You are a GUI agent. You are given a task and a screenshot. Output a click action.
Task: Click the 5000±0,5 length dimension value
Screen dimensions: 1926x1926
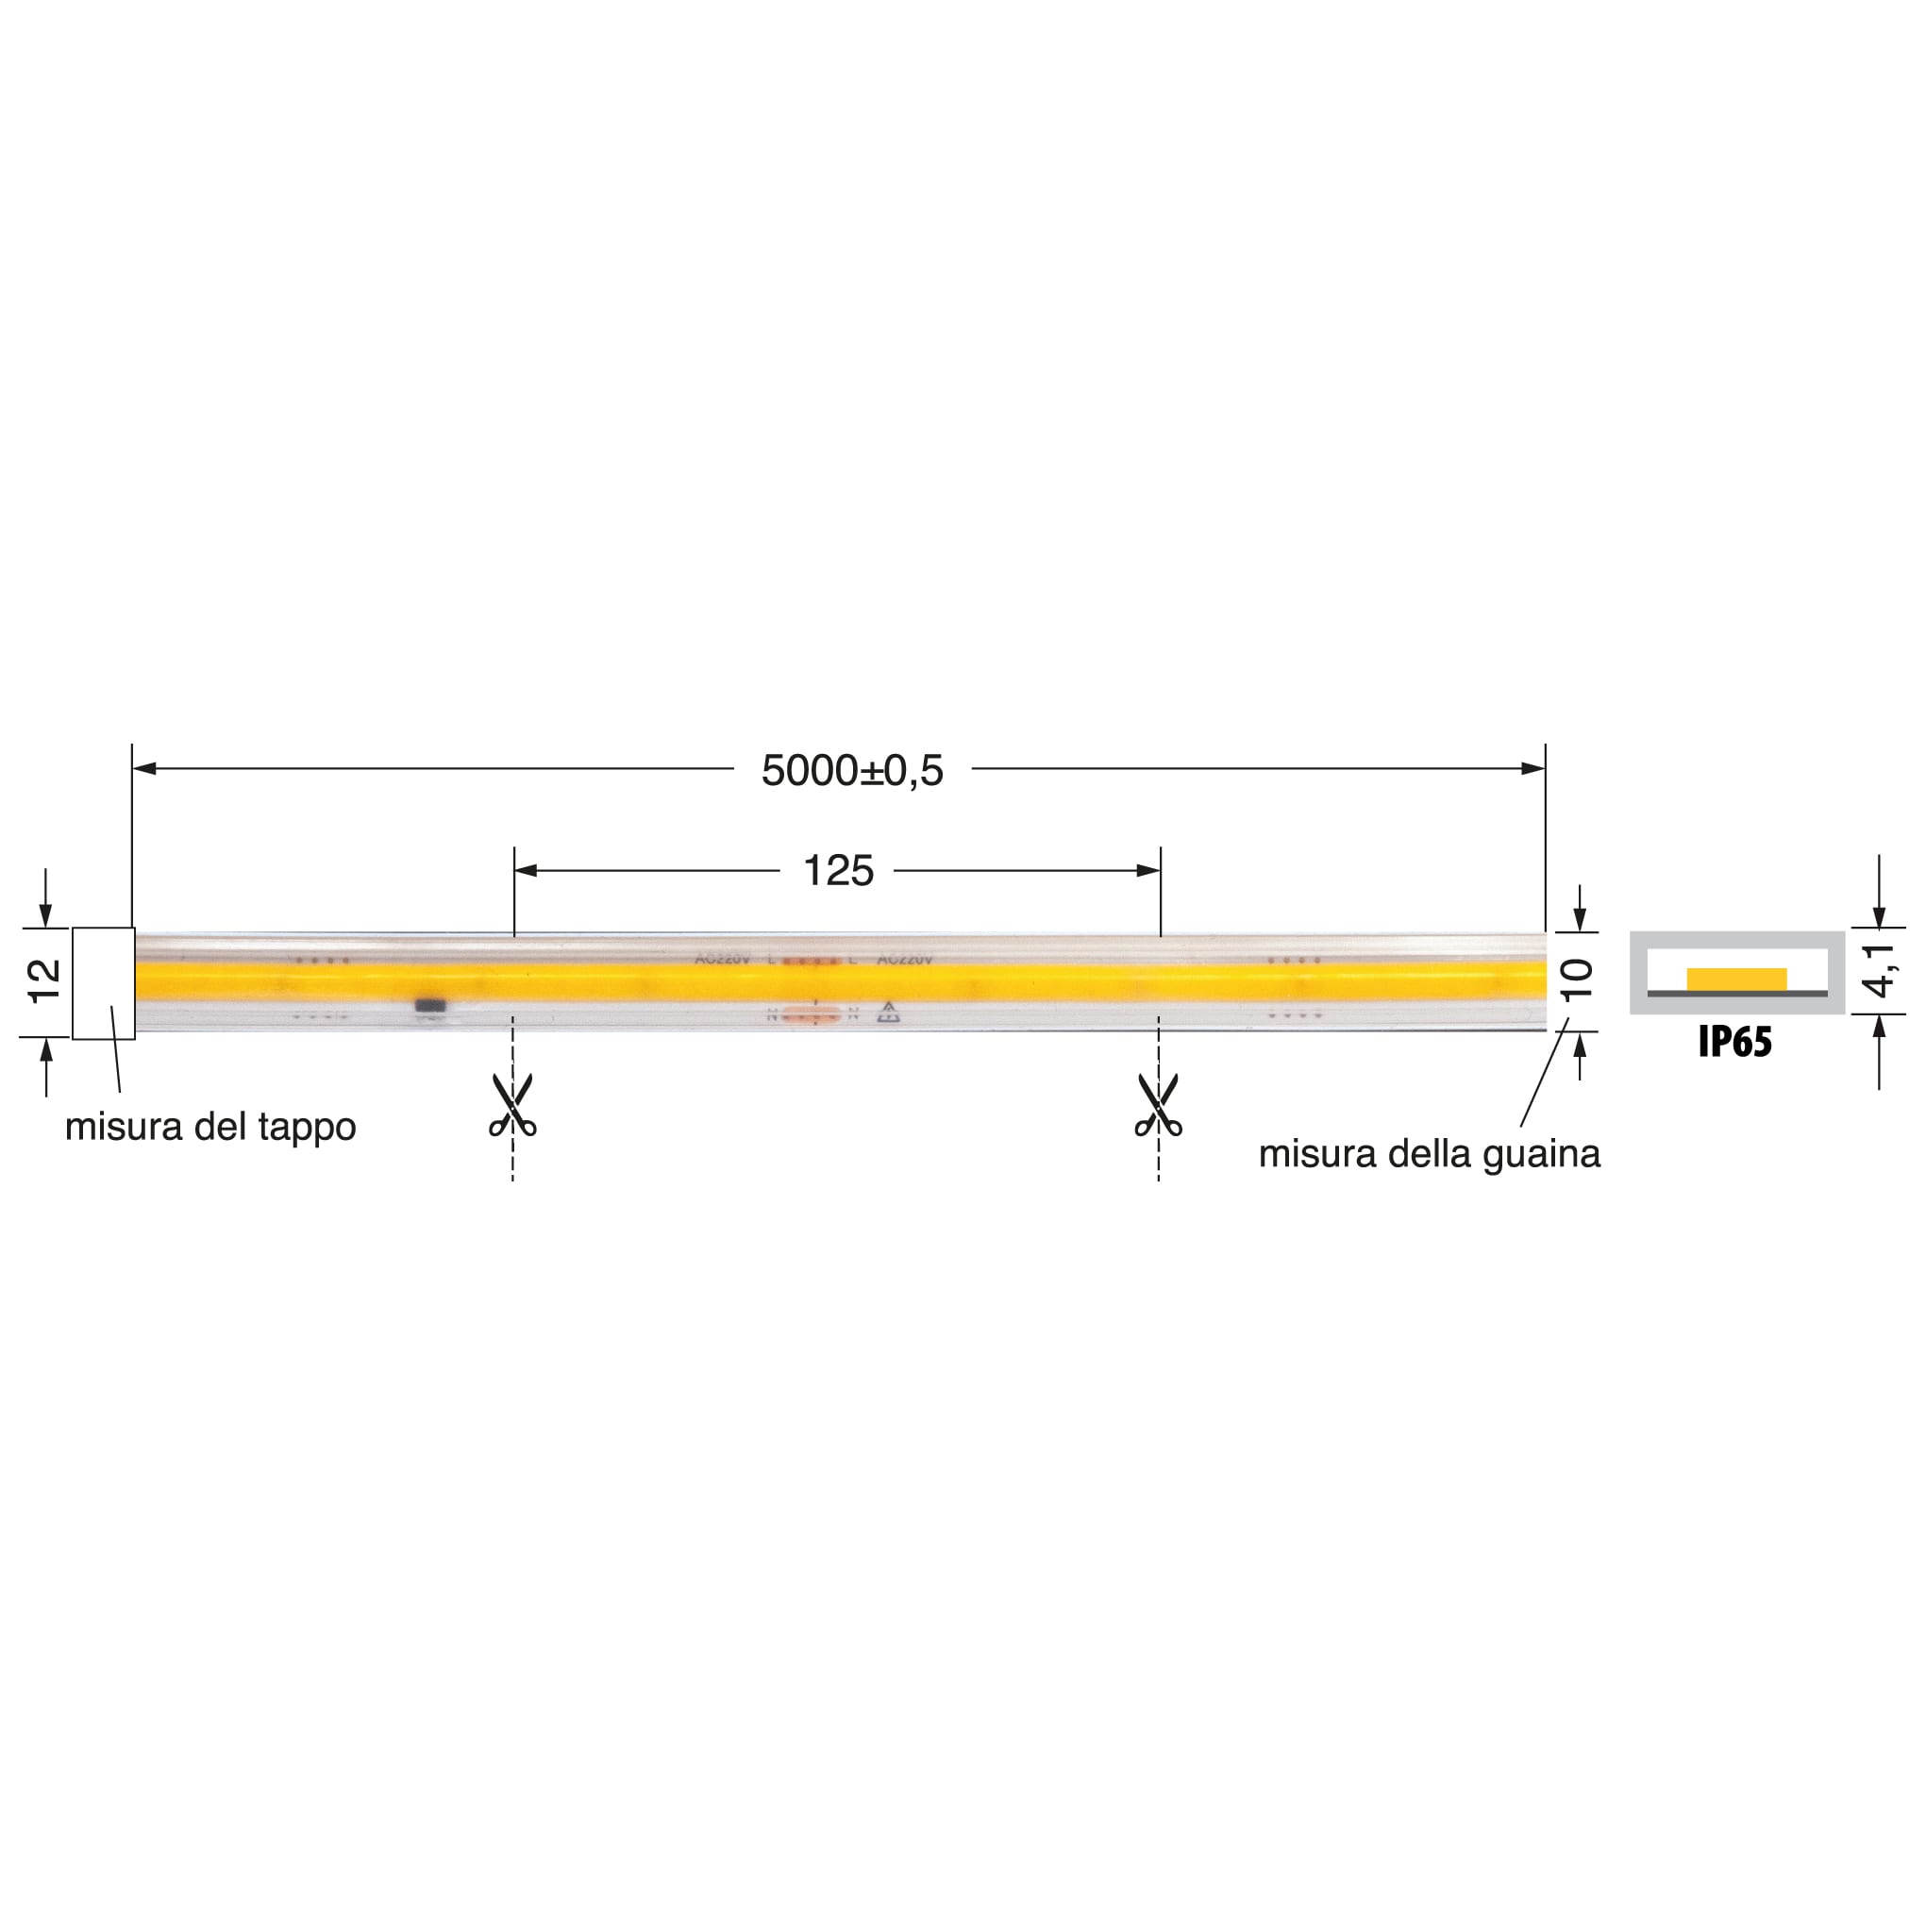[851, 771]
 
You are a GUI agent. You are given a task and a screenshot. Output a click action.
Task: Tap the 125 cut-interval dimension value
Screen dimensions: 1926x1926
[837, 871]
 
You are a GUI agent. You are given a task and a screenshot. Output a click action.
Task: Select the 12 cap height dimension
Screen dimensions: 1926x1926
[46, 981]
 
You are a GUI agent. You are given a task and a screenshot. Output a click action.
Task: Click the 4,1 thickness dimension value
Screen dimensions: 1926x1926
[1880, 970]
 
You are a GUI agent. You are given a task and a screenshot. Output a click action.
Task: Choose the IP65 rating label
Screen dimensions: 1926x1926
[1735, 1043]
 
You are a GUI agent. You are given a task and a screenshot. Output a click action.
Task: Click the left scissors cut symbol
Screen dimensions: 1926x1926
[512, 1106]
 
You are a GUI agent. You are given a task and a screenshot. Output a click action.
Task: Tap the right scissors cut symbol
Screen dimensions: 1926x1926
[1159, 1106]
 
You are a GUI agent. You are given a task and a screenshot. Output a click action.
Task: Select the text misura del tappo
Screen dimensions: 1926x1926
[210, 1128]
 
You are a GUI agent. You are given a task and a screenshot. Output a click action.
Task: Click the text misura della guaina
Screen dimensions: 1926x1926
[1429, 1154]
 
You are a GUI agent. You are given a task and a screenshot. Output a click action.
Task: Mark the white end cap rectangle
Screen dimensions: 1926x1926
[104, 983]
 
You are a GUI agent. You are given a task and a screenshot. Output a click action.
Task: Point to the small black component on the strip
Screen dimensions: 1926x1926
[430, 1007]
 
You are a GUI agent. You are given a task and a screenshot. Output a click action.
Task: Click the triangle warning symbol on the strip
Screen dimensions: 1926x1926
[888, 1013]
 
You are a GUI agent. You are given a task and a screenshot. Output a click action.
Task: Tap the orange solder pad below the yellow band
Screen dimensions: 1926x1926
[812, 1015]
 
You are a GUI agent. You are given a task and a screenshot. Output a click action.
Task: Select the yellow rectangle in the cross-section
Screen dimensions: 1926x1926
[1736, 979]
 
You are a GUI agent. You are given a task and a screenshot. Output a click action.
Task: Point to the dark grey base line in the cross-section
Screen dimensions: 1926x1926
[1737, 994]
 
